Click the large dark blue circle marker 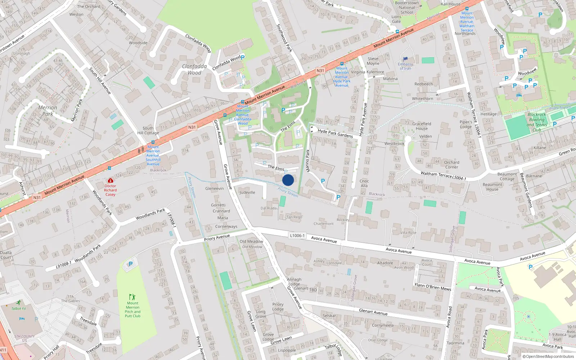pyautogui.click(x=288, y=180)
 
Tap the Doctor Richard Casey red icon pyautogui.click(x=110, y=180)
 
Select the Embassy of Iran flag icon pyautogui.click(x=405, y=59)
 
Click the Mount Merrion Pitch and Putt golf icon pyautogui.click(x=132, y=297)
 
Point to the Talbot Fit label pyautogui.click(x=18, y=309)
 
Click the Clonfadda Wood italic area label pyautogui.click(x=194, y=69)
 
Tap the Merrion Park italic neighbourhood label pyautogui.click(x=48, y=111)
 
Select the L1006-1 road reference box pyautogui.click(x=297, y=235)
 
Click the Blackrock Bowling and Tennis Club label pyautogui.click(x=537, y=122)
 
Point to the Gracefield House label pyautogui.click(x=422, y=126)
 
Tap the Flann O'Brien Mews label pyautogui.click(x=433, y=287)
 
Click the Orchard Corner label pyautogui.click(x=451, y=165)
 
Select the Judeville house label pyautogui.click(x=247, y=192)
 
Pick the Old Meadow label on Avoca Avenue pyautogui.click(x=251, y=242)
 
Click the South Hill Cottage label pyautogui.click(x=148, y=130)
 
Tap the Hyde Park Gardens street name pyautogui.click(x=335, y=133)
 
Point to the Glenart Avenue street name pyautogui.click(x=373, y=312)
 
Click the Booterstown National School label pyautogui.click(x=407, y=8)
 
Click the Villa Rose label pyautogui.click(x=408, y=233)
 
